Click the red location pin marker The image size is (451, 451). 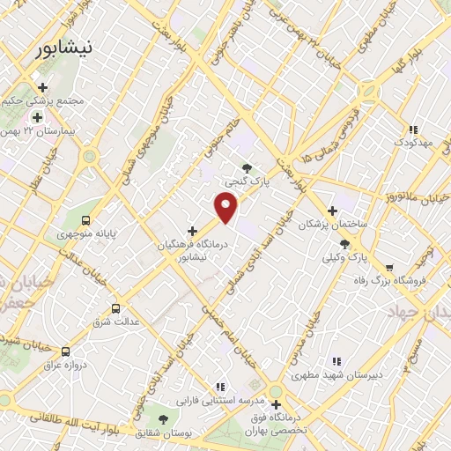tap(226, 207)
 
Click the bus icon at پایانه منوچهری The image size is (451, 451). tap(85, 220)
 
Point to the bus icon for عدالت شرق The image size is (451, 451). tap(115, 308)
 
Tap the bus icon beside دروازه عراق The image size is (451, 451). tap(65, 351)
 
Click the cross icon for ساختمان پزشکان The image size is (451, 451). tap(332, 211)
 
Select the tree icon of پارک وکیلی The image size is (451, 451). tap(344, 243)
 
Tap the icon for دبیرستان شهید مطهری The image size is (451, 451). tap(336, 361)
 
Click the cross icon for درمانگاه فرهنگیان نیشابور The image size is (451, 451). tap(193, 231)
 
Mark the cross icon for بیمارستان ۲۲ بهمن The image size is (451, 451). tap(37, 116)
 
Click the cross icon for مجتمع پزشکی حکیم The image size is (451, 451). tap(41, 86)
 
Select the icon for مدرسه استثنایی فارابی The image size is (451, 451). tap(220, 387)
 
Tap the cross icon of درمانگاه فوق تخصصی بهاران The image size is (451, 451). tap(276, 404)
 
